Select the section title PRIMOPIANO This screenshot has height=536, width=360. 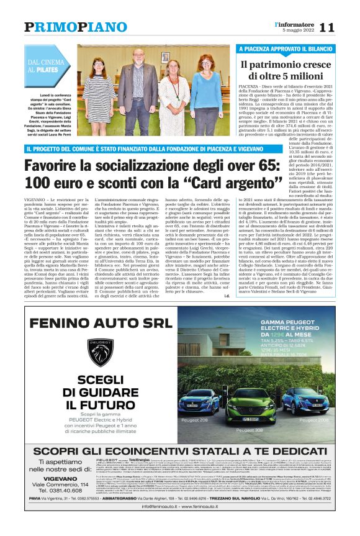tap(75, 27)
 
